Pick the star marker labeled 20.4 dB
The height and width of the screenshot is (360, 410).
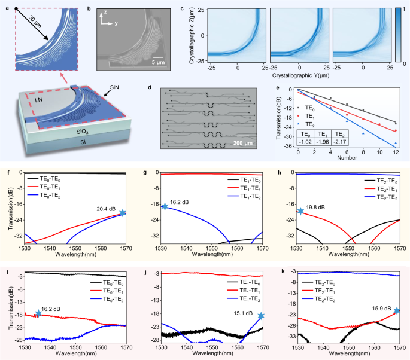point(123,213)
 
